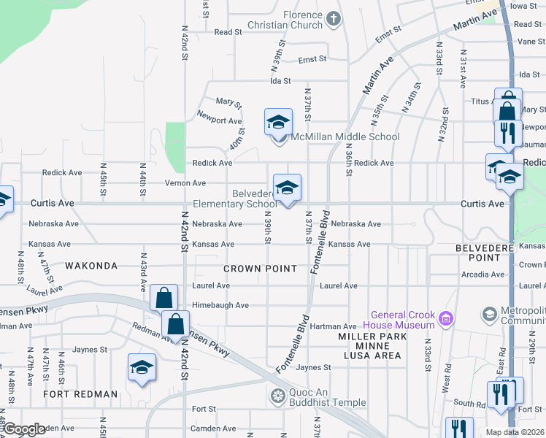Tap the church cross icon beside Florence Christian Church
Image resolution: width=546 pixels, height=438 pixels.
click(334, 18)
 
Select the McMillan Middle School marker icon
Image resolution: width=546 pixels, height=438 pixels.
click(278, 123)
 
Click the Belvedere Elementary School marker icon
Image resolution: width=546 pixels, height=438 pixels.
click(287, 188)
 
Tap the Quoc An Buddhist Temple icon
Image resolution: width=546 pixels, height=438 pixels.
click(277, 397)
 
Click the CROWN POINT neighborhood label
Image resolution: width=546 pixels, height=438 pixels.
click(261, 269)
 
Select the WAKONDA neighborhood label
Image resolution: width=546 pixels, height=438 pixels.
click(91, 265)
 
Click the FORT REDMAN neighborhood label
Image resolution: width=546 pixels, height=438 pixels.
click(80, 394)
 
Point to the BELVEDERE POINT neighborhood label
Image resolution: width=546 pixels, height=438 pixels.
click(499, 253)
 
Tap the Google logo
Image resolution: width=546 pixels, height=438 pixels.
click(25, 429)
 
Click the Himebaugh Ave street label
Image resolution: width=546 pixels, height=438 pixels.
click(220, 305)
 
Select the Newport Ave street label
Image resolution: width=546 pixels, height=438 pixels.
click(220, 121)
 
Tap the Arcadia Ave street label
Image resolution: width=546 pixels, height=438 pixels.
click(483, 275)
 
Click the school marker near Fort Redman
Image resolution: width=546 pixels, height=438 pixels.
click(142, 368)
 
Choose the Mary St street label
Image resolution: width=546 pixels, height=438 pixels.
click(228, 101)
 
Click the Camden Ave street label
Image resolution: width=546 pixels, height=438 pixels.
click(58, 429)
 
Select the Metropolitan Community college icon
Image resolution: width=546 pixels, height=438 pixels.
click(489, 315)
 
